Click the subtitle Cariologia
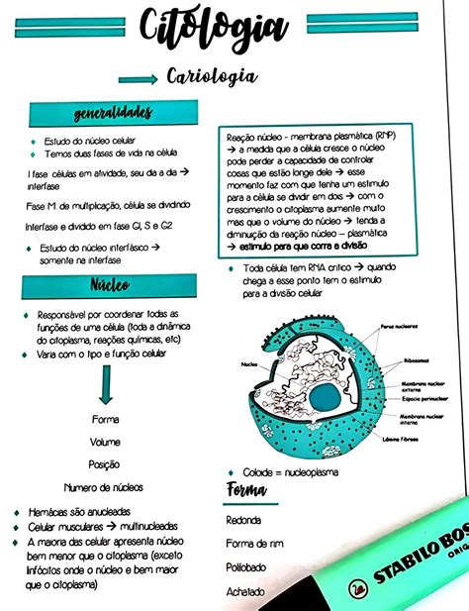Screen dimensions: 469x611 (x=212, y=76)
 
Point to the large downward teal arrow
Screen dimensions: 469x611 (x=106, y=383)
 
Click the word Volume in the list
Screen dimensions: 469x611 (x=105, y=442)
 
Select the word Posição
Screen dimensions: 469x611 (x=105, y=463)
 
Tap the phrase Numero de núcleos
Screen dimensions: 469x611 (x=104, y=487)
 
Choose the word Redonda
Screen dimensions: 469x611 (x=243, y=520)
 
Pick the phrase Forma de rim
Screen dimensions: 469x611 (x=254, y=544)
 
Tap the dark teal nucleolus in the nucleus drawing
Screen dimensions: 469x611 (x=324, y=398)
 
